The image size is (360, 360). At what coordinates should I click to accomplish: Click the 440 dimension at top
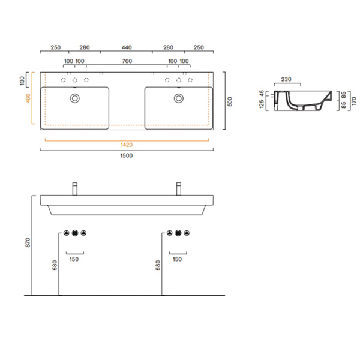(x=127, y=47)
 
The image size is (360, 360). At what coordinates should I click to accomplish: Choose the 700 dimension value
(x=127, y=61)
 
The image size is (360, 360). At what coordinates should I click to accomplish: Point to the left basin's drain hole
(x=75, y=98)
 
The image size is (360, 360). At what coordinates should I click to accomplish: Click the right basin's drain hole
(x=178, y=98)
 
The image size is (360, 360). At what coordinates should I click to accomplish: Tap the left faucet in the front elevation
(x=75, y=188)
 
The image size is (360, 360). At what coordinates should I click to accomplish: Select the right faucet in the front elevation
(x=178, y=188)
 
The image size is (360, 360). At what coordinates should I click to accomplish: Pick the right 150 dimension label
(x=178, y=259)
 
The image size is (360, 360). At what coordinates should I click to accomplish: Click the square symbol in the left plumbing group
(x=75, y=233)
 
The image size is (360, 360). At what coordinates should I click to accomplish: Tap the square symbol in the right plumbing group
(x=178, y=233)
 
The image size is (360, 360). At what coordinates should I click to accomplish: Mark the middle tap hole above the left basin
(x=75, y=80)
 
